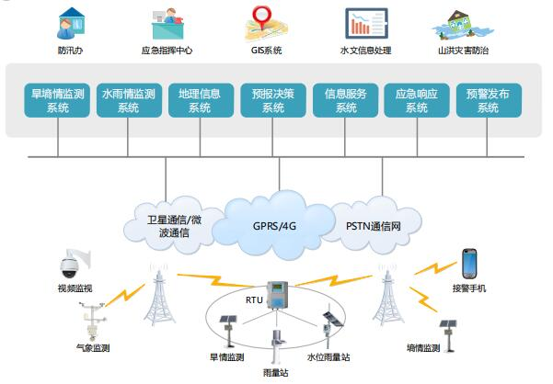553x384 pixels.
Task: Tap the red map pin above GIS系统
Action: pos(265,20)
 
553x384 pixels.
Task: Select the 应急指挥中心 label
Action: pos(167,51)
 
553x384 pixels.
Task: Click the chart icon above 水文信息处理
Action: pos(365,21)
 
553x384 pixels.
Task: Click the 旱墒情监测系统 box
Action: pos(57,100)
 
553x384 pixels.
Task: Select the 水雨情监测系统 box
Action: pos(129,100)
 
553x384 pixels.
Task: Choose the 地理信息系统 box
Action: pos(201,100)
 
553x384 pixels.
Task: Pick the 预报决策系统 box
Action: pos(272,100)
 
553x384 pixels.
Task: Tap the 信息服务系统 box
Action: pos(345,100)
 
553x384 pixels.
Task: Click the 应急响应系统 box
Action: pos(417,100)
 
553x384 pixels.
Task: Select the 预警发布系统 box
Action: pos(489,100)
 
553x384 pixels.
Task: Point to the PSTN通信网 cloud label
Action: pos(373,224)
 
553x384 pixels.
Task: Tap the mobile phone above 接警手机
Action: pos(469,264)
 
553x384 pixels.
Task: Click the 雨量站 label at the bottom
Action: pos(276,373)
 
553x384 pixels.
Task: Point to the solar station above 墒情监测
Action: pos(448,333)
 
